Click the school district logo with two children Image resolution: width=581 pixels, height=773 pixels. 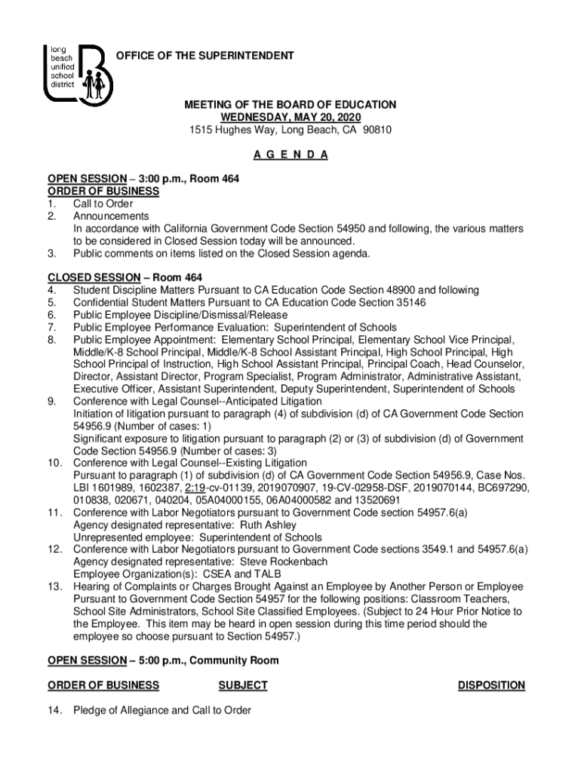click(78, 73)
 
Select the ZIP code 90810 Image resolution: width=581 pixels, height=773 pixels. click(377, 130)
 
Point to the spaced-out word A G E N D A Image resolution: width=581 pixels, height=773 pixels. click(290, 155)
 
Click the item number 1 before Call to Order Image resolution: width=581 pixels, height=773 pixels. click(51, 204)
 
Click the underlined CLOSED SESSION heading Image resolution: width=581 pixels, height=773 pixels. click(83, 278)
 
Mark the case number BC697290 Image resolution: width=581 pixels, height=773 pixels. click(501, 488)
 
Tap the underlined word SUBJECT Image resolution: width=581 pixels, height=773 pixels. click(242, 685)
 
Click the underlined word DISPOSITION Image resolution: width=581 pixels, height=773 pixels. click(491, 685)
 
